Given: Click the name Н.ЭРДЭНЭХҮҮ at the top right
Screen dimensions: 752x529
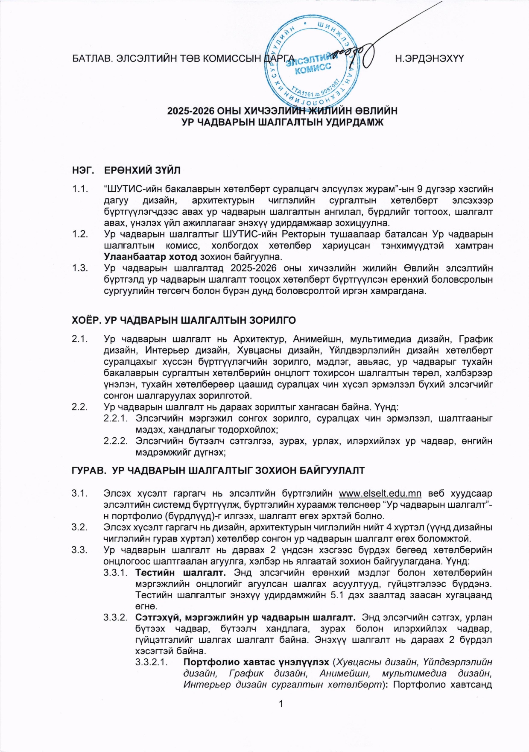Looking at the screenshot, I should click(x=429, y=59).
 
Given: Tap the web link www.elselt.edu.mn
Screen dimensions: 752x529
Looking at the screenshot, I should click(x=380, y=494).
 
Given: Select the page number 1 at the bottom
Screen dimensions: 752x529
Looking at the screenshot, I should click(x=281, y=704).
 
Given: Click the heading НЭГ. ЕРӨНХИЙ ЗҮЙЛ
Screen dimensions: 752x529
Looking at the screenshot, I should click(x=126, y=170).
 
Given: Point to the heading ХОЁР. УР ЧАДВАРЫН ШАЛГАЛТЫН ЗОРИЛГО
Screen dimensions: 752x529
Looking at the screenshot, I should click(x=184, y=320).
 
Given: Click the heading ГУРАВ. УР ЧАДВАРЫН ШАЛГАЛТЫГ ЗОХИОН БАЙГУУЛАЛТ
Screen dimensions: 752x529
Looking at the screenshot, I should click(x=218, y=471).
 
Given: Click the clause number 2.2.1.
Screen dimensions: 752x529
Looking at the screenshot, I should click(x=116, y=418).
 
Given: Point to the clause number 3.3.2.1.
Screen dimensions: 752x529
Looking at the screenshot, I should click(x=151, y=662).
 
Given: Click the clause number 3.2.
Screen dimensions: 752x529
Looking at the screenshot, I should click(x=80, y=527).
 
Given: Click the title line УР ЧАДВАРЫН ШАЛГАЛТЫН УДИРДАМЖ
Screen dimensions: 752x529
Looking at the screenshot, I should click(x=282, y=122).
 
